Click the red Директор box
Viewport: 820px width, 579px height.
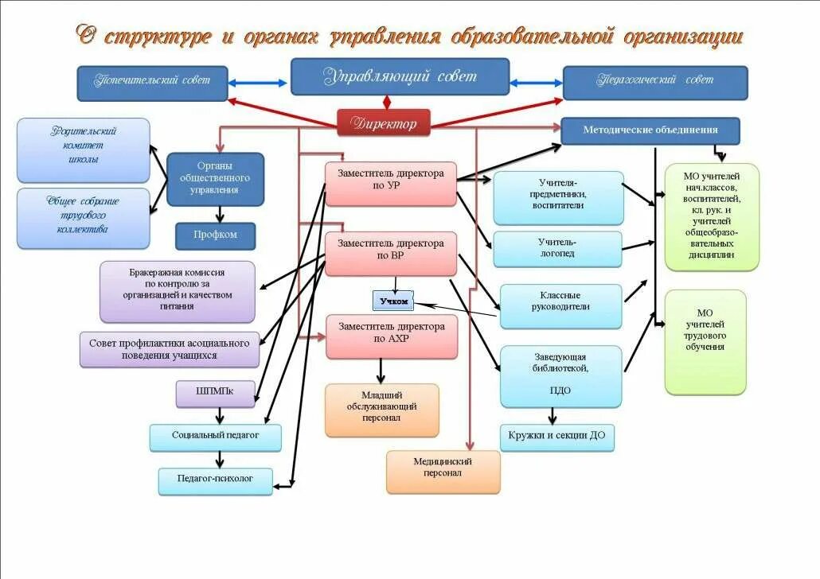384,123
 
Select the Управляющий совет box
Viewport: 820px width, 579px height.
400,77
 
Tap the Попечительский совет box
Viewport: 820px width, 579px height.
152,83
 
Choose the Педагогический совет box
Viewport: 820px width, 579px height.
655,83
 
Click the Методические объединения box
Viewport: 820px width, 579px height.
650,130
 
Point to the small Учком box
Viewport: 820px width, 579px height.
393,301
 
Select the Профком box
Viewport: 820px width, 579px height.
216,235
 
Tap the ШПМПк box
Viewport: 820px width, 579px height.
215,394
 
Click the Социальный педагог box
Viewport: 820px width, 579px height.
215,437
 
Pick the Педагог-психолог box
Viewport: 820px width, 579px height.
215,480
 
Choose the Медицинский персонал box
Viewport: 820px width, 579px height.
443,471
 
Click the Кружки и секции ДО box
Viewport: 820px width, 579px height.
557,437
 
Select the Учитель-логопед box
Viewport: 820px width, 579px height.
557,249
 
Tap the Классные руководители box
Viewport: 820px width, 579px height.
560,306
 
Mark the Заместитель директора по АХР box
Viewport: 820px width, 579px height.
392,336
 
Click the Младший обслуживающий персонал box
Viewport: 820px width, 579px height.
381,410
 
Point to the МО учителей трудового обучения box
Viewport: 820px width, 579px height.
705,342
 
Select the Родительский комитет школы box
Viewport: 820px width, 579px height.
84,150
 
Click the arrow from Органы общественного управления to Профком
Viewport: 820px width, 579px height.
220,214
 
